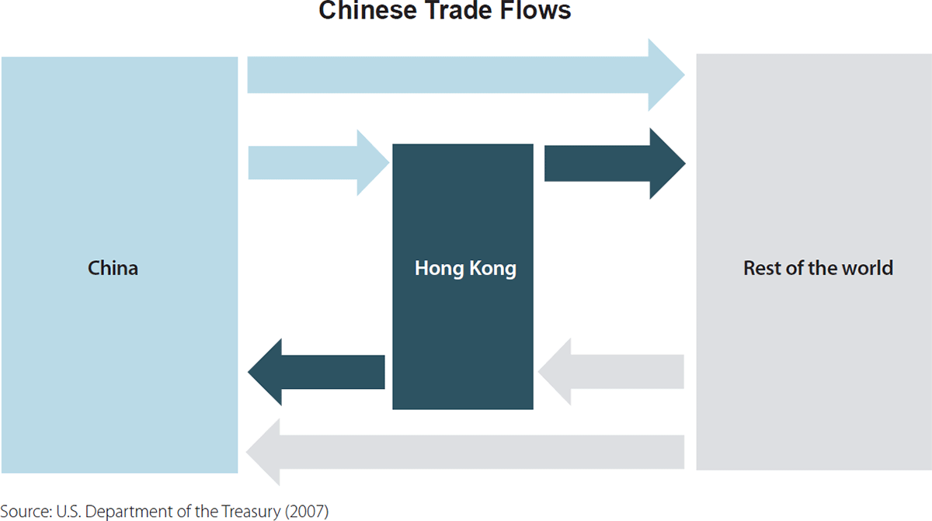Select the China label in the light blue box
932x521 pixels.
(113, 269)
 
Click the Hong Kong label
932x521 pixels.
(465, 269)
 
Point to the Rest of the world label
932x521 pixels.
(818, 269)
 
